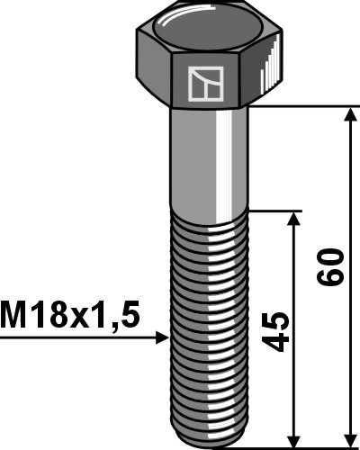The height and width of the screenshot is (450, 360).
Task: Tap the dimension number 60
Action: tap(332, 267)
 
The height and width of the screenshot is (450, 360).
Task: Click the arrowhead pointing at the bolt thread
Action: tap(161, 337)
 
